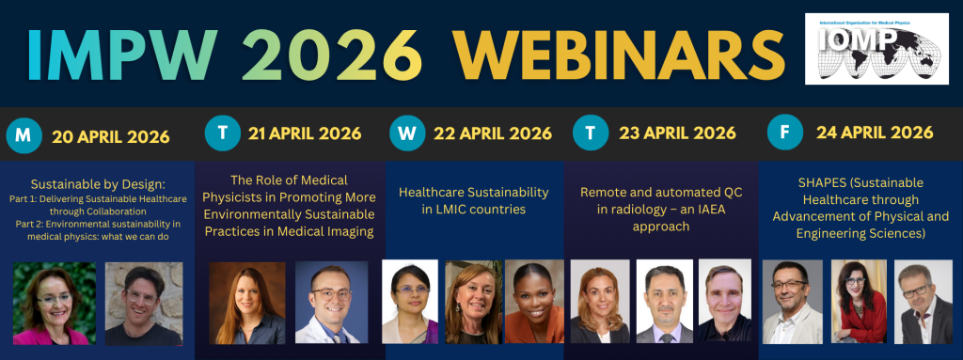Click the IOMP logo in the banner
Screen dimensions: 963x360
coord(877,49)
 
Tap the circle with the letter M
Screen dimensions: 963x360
coord(24,135)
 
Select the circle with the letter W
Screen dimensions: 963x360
coord(407,133)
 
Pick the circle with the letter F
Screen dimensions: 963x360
coord(785,133)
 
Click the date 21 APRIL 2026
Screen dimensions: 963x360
coord(305,133)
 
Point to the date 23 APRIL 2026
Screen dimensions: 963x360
coord(677,133)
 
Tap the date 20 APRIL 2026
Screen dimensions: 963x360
coord(111,136)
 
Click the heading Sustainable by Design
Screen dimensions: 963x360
coord(98,184)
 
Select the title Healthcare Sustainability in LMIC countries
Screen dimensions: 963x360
coord(474,201)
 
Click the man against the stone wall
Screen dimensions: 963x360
coord(144,304)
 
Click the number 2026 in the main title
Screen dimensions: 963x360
coord(332,55)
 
